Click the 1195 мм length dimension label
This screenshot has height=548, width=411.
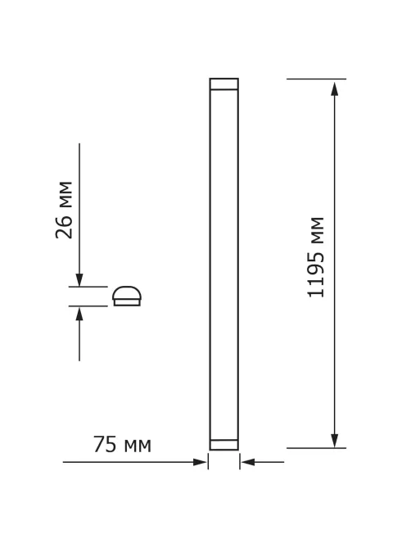(x=315, y=257)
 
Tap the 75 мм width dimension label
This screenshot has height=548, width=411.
(x=122, y=445)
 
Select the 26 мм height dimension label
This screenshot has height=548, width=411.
(x=64, y=210)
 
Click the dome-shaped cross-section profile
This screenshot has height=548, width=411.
(x=127, y=296)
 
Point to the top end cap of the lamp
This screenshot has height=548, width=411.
(x=224, y=84)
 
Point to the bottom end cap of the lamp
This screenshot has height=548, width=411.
(x=224, y=445)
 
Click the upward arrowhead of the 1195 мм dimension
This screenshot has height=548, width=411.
(x=335, y=88)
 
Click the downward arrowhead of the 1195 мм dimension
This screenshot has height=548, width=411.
(x=335, y=441)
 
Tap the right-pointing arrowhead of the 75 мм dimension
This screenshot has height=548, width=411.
(x=200, y=462)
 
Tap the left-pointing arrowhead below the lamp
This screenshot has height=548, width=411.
(x=247, y=462)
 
